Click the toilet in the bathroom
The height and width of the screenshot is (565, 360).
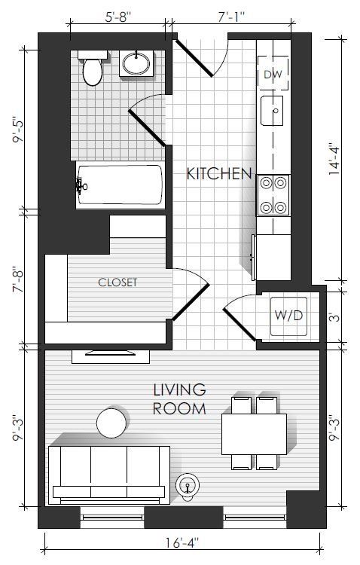[x=93, y=68]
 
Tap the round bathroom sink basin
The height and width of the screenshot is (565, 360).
[x=136, y=64]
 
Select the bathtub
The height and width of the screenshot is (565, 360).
[x=120, y=185]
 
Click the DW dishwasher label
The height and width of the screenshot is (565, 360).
[x=273, y=75]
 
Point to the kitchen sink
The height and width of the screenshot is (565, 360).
[x=272, y=111]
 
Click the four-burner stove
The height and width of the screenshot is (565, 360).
[x=273, y=195]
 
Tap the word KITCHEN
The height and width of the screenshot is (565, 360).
[x=219, y=174]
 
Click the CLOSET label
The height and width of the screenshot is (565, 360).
[x=117, y=282]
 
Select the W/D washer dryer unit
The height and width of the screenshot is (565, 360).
[x=288, y=316]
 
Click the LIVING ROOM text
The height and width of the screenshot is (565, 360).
[x=179, y=399]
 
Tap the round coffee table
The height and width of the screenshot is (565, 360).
[x=111, y=423]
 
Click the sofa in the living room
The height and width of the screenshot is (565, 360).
[x=109, y=475]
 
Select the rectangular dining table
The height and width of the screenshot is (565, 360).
[x=254, y=434]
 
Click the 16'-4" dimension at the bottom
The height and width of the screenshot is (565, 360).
[x=182, y=542]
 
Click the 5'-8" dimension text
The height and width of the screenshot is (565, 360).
[x=118, y=17]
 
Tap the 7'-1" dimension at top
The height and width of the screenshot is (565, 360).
[x=232, y=17]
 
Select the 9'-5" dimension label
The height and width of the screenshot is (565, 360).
[x=18, y=130]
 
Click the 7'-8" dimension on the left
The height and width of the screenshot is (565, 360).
[x=18, y=279]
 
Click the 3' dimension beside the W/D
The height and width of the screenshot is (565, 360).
[x=335, y=317]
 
